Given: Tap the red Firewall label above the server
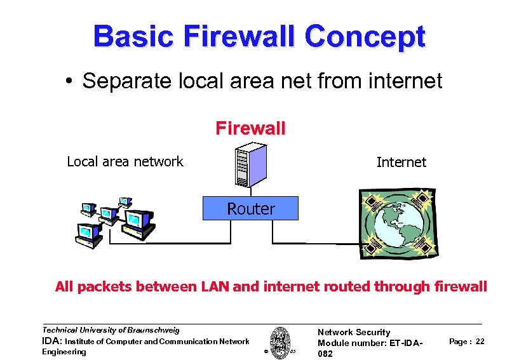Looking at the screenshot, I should coord(250,129).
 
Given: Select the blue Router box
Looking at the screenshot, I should coord(250,208).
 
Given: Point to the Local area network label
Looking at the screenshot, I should coord(125,161).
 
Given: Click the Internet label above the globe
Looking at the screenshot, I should coord(401,162).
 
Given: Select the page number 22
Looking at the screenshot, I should coord(480,342).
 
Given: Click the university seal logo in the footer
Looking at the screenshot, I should coord(280,342).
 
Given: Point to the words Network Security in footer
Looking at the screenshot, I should coord(353,332).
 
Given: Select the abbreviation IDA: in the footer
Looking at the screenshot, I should coord(51,342).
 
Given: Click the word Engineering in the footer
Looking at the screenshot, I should coord(64,352).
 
